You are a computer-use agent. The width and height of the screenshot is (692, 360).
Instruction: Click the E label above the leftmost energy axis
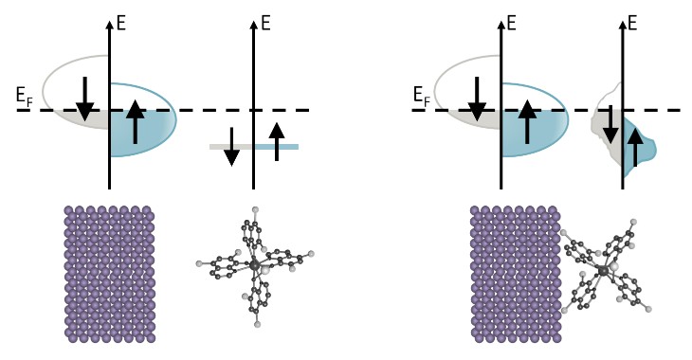click(121, 19)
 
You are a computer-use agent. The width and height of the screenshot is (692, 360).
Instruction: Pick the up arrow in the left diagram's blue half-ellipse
click(136, 121)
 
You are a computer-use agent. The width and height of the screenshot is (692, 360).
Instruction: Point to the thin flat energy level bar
click(253, 147)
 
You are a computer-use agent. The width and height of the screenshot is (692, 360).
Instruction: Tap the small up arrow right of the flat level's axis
click(277, 141)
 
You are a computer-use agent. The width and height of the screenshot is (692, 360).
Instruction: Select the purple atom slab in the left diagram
click(109, 273)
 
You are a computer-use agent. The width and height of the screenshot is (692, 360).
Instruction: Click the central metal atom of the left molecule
click(254, 263)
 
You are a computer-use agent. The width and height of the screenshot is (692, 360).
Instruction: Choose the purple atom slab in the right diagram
click(513, 273)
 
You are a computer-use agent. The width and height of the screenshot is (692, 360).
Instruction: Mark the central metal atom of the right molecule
click(603, 271)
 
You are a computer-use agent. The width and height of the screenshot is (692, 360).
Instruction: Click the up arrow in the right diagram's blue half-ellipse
click(528, 121)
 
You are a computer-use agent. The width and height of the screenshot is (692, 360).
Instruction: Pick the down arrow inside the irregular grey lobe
click(610, 122)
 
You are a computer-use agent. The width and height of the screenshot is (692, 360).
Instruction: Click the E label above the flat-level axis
click(264, 19)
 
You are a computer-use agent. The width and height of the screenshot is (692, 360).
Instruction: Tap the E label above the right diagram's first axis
click(512, 19)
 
